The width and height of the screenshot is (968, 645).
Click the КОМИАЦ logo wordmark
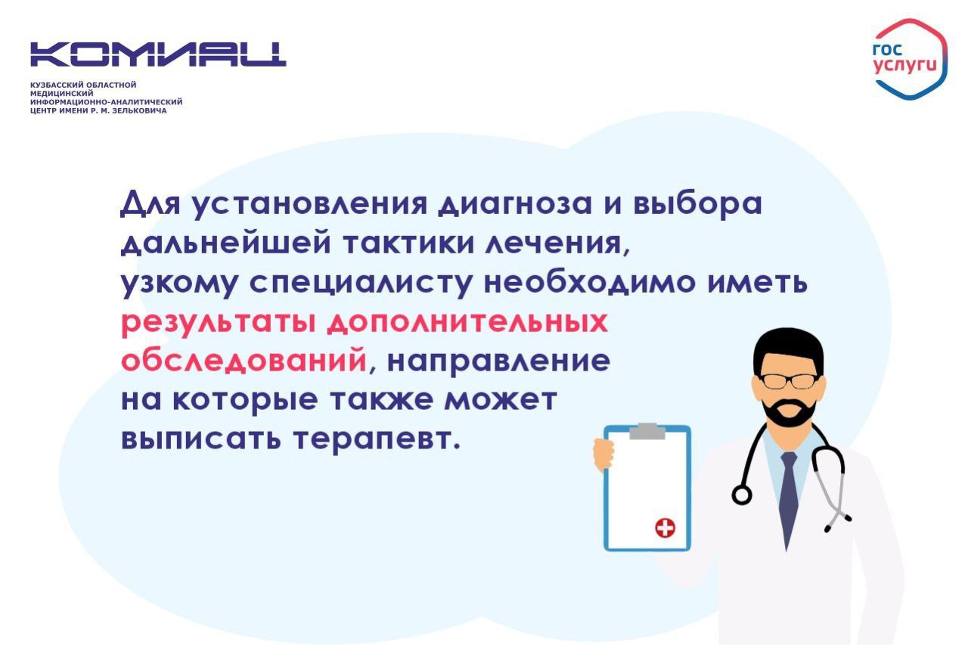tap(158, 54)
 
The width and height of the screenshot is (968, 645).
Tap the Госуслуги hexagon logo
tap(910, 59)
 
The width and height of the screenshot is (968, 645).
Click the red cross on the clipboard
tap(665, 528)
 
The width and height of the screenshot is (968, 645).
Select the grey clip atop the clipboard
tap(647, 431)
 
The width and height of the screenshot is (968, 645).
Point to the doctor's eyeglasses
tap(789, 380)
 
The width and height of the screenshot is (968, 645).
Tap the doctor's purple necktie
tap(788, 497)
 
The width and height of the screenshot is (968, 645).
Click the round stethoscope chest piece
tap(742, 495)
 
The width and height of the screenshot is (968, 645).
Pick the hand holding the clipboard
tap(603, 454)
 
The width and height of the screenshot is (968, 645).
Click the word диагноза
tap(515, 204)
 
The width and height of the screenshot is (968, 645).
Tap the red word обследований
tap(244, 361)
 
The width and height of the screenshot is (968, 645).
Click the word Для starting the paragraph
tap(150, 204)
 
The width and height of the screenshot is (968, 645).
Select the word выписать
tap(201, 439)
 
